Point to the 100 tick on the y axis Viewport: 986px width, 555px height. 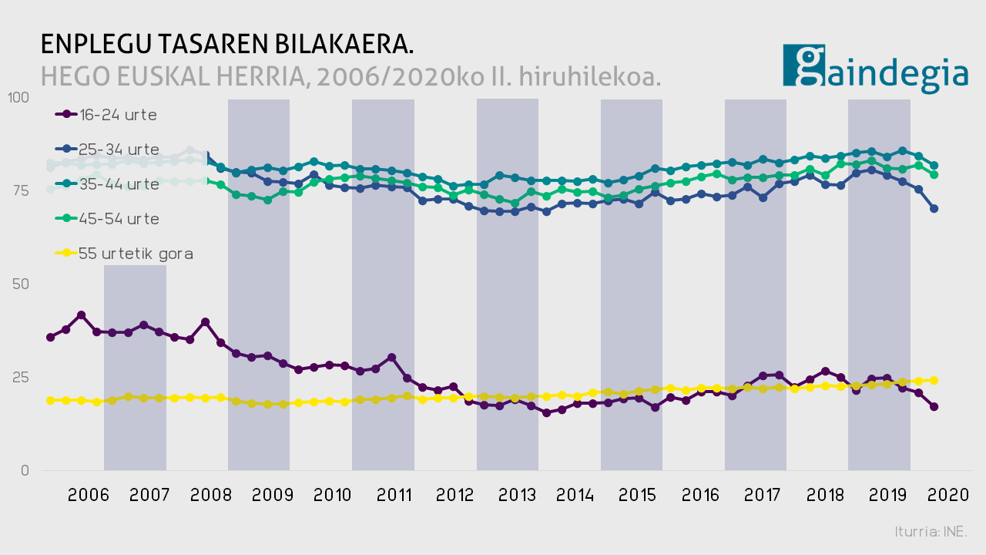tap(17, 98)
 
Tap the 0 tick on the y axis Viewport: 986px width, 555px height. tap(25, 470)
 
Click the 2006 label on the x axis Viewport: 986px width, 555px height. tap(87, 496)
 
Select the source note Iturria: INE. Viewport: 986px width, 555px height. tap(931, 532)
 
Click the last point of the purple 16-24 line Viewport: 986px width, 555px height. tap(934, 406)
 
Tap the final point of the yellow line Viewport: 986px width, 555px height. tap(934, 380)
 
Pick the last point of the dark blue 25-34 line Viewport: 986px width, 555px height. tap(934, 208)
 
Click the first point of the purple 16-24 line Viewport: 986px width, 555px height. tap(51, 337)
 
